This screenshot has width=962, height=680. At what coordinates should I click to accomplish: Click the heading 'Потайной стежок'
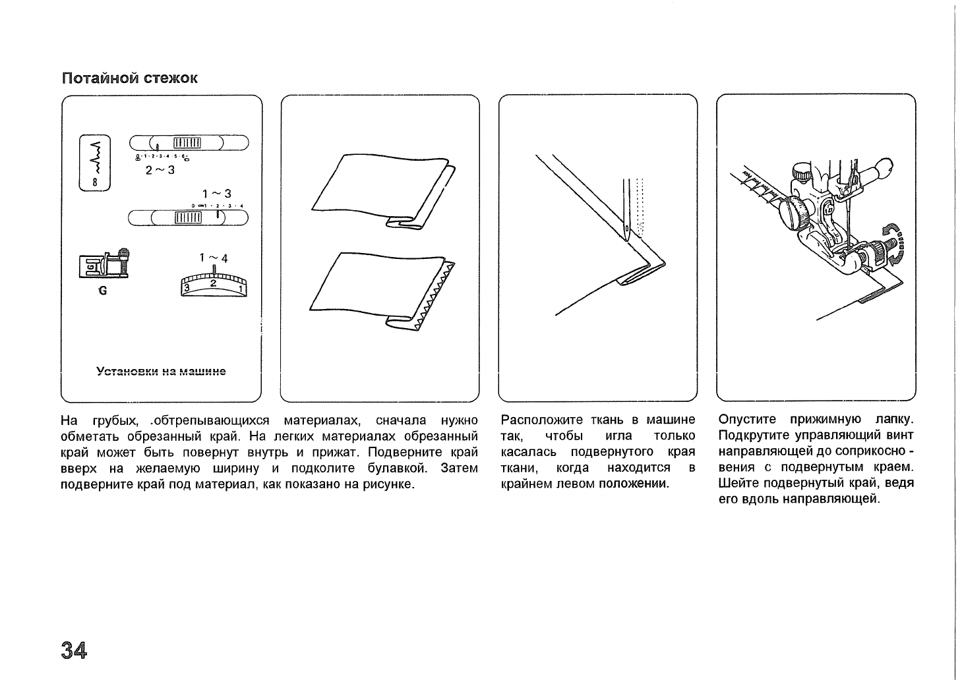[x=129, y=78]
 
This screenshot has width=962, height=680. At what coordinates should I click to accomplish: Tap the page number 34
[x=74, y=650]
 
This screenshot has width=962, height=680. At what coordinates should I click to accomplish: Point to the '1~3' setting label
[x=218, y=194]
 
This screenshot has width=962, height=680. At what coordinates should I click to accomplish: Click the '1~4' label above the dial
[x=214, y=258]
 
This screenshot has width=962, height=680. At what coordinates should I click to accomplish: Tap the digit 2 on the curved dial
[x=213, y=283]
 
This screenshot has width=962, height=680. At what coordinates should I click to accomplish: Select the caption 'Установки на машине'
[x=161, y=372]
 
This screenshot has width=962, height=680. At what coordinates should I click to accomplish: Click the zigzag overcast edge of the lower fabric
[x=435, y=296]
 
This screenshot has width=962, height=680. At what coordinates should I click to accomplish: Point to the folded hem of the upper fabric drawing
[x=415, y=221]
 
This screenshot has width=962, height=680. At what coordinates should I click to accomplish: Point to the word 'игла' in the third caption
[x=618, y=436]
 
